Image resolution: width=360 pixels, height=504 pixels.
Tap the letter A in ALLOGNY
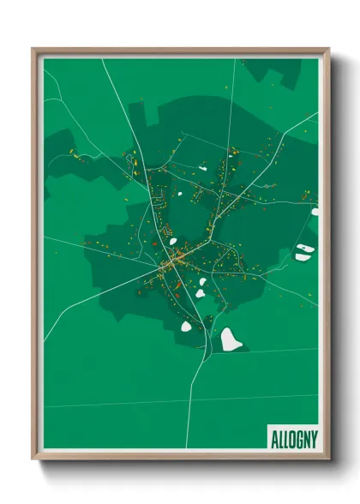tap(273, 437)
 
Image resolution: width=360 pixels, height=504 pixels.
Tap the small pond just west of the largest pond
tap(186, 325)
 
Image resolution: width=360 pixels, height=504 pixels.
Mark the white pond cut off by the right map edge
tap(315, 211)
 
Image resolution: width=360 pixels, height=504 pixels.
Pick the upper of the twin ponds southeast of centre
tap(203, 282)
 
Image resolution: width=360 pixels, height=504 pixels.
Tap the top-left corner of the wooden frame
tap(33, 50)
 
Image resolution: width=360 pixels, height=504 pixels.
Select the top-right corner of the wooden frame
tap(328, 50)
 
